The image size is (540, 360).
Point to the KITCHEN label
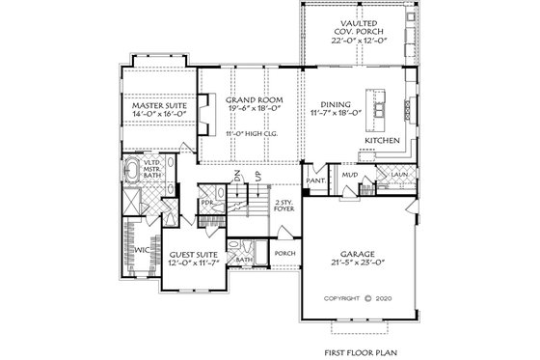pos(381,141)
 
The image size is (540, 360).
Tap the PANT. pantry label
pos(313,180)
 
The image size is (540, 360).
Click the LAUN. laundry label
pos(399,175)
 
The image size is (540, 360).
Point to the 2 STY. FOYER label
pos(283,208)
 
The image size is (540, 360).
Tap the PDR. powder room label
pos(206,203)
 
